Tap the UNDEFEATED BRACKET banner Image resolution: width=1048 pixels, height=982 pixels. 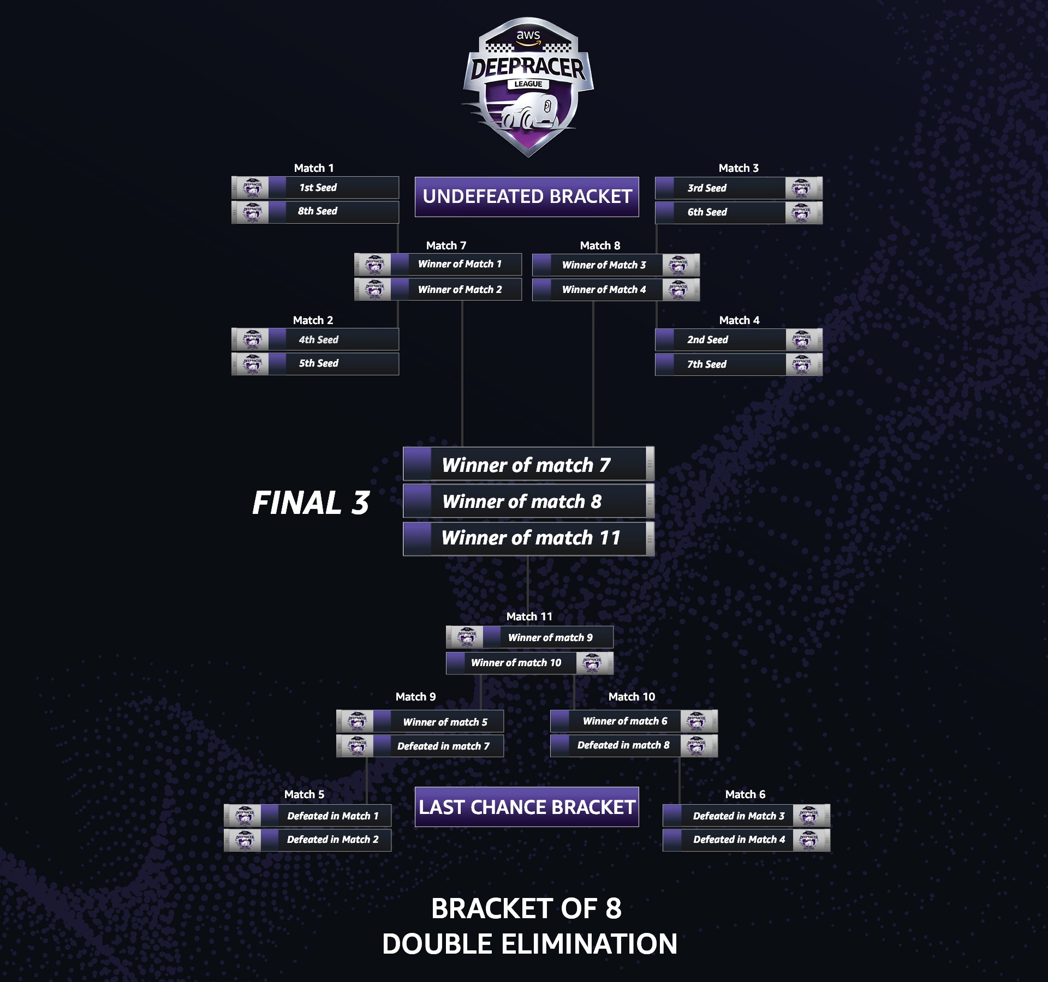[527, 196]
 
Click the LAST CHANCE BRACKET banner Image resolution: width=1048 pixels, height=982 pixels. [527, 807]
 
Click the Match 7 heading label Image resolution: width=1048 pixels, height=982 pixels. [446, 245]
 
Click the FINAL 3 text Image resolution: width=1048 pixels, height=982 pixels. [311, 502]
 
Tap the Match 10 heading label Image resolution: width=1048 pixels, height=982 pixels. [632, 697]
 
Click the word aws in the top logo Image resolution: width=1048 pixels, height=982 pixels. [528, 35]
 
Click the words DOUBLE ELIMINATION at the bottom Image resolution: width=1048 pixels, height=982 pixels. [529, 944]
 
